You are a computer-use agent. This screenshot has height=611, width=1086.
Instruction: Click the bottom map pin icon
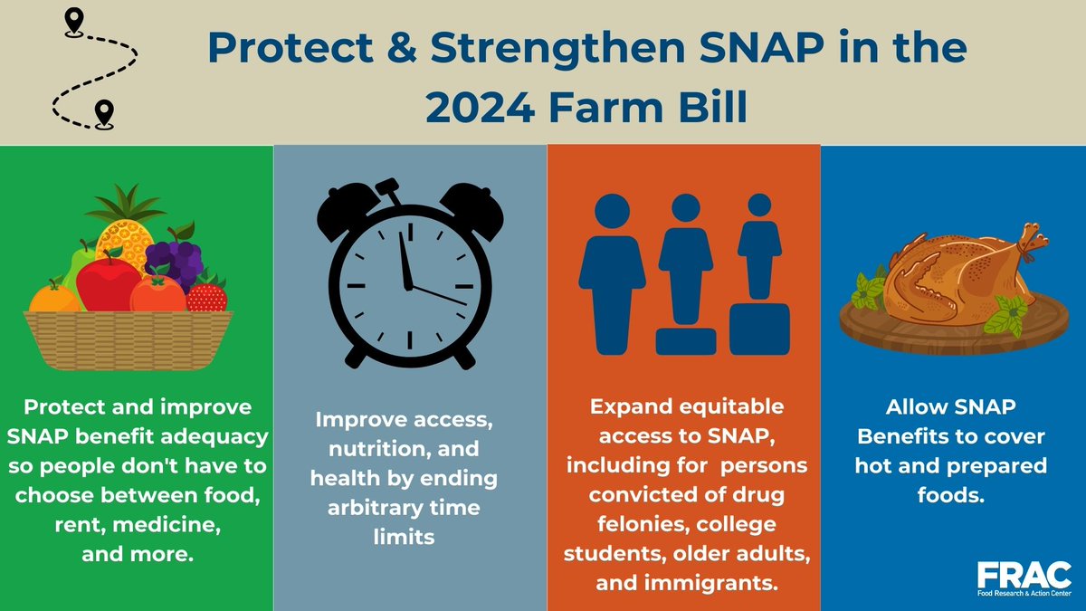(x=104, y=112)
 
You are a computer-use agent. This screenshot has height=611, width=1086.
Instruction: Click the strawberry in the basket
(x=206, y=295)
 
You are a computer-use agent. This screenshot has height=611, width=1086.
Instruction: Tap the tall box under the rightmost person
(x=758, y=329)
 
